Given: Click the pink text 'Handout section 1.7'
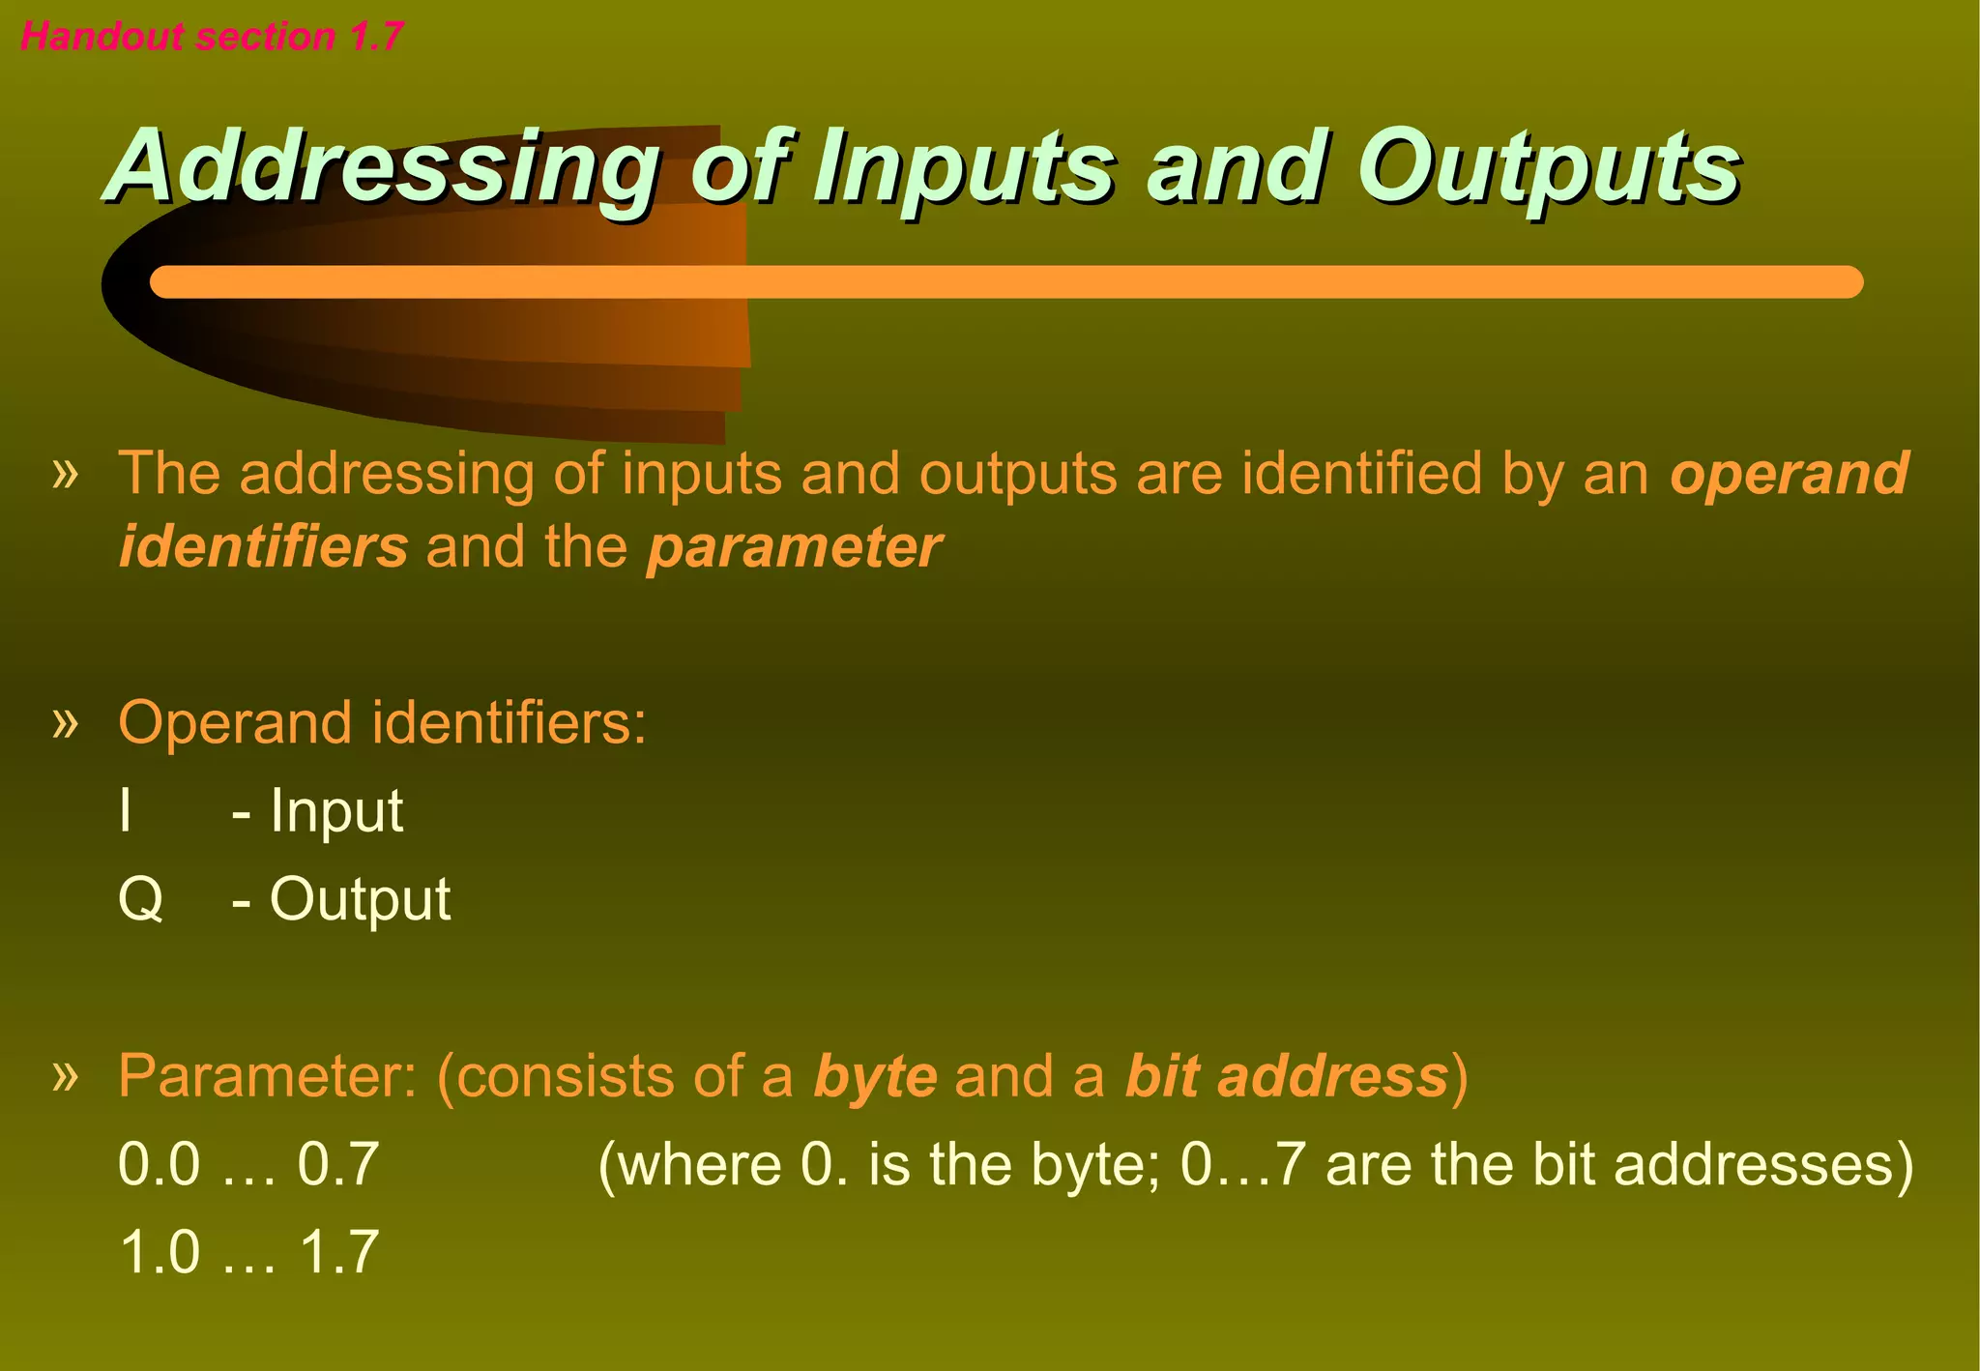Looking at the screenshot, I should click(211, 37).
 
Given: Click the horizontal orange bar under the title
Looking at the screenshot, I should click(1005, 281).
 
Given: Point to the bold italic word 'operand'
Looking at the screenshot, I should click(1790, 473).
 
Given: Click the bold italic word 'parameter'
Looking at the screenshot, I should click(794, 547).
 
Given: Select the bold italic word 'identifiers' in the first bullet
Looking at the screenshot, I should click(263, 547).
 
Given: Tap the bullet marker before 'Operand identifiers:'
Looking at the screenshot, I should click(65, 721).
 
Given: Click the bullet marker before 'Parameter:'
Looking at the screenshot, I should click(65, 1074).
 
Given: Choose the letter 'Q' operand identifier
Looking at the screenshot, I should click(140, 899).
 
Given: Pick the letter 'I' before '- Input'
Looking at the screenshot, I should click(125, 810).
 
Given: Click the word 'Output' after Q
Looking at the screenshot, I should click(360, 899).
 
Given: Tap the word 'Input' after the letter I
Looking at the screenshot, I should click(335, 810).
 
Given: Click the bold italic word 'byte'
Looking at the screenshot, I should click(875, 1076).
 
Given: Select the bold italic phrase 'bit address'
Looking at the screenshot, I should click(1287, 1076).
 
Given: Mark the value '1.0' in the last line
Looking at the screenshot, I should click(160, 1252).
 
